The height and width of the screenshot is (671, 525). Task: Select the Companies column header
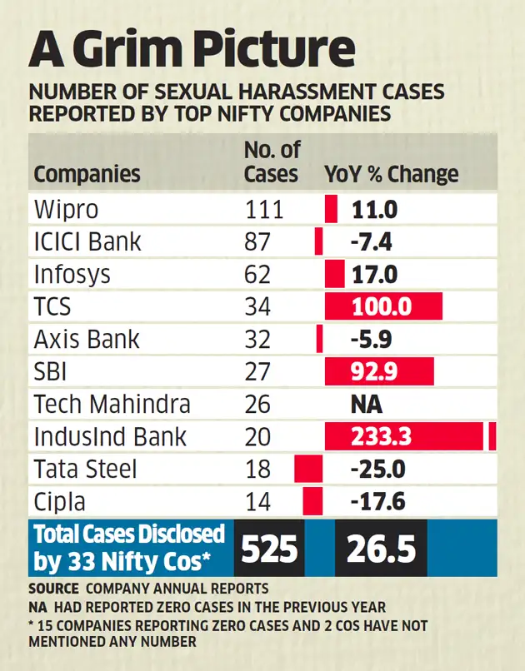pos(87,175)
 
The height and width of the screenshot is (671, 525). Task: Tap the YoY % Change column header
pos(391,175)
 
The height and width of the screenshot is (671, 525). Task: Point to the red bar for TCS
pos(383,306)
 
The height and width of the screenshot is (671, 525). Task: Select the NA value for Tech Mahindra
pos(366,405)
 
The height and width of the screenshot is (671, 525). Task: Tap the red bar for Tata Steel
pos(308,470)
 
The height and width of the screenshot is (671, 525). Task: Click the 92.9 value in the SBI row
pos(374,372)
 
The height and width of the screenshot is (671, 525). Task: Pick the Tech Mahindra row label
pos(112,405)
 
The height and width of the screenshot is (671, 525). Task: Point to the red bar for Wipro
pos(331,208)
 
